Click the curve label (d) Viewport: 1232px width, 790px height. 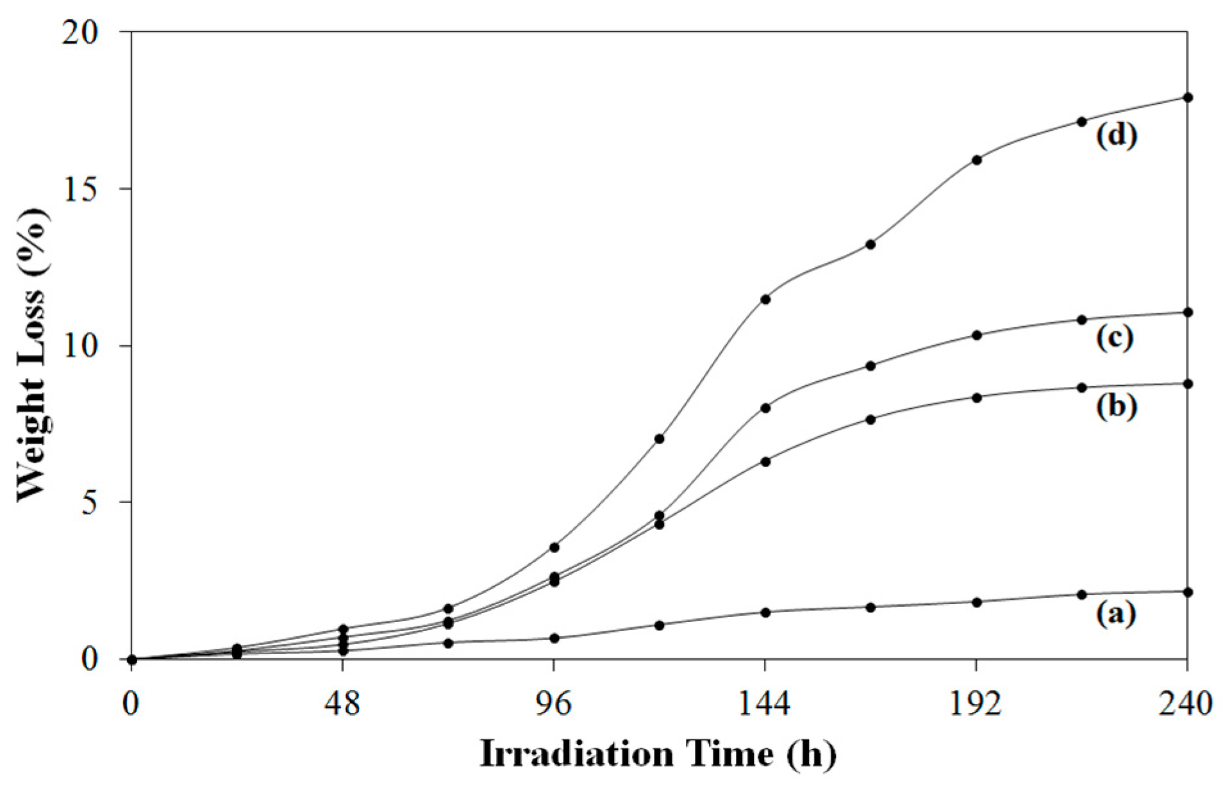1116,136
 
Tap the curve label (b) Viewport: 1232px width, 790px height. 1116,406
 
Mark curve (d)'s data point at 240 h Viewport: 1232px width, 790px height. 1187,97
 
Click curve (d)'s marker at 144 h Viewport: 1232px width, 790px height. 765,299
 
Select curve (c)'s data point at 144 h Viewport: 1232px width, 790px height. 765,407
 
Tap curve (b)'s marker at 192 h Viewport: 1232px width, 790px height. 976,397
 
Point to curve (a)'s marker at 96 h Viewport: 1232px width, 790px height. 554,638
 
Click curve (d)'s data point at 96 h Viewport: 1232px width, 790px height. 554,547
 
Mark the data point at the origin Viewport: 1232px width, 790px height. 132,659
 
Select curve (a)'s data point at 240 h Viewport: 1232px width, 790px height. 1187,592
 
